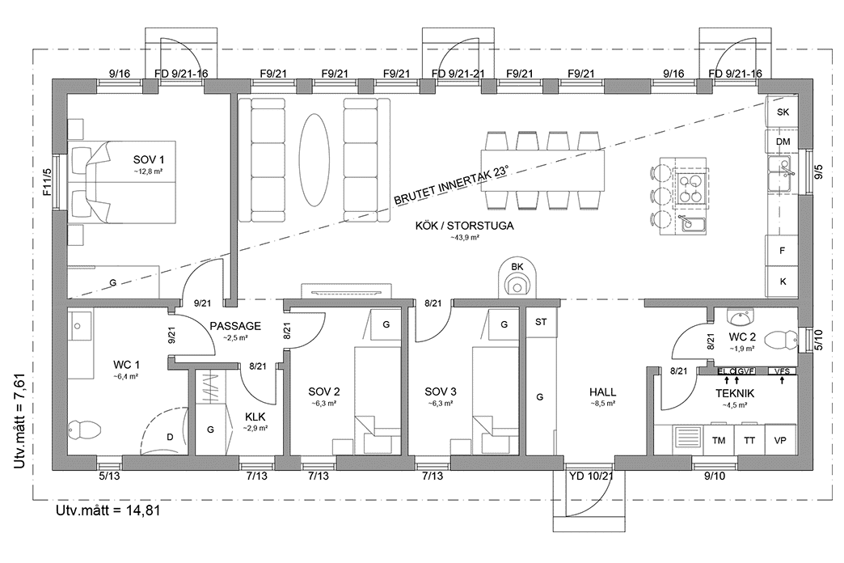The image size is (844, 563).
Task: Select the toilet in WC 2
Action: pos(783,339)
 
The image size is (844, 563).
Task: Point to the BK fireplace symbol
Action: pos(516,279)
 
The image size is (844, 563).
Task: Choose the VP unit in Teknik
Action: pos(780,441)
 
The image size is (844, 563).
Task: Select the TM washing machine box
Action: pos(717,441)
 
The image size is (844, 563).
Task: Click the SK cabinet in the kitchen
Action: pos(782,112)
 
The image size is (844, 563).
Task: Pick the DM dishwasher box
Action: pos(782,142)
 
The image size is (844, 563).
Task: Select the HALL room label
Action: pos(603,391)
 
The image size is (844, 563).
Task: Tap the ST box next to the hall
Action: pos(541,322)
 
